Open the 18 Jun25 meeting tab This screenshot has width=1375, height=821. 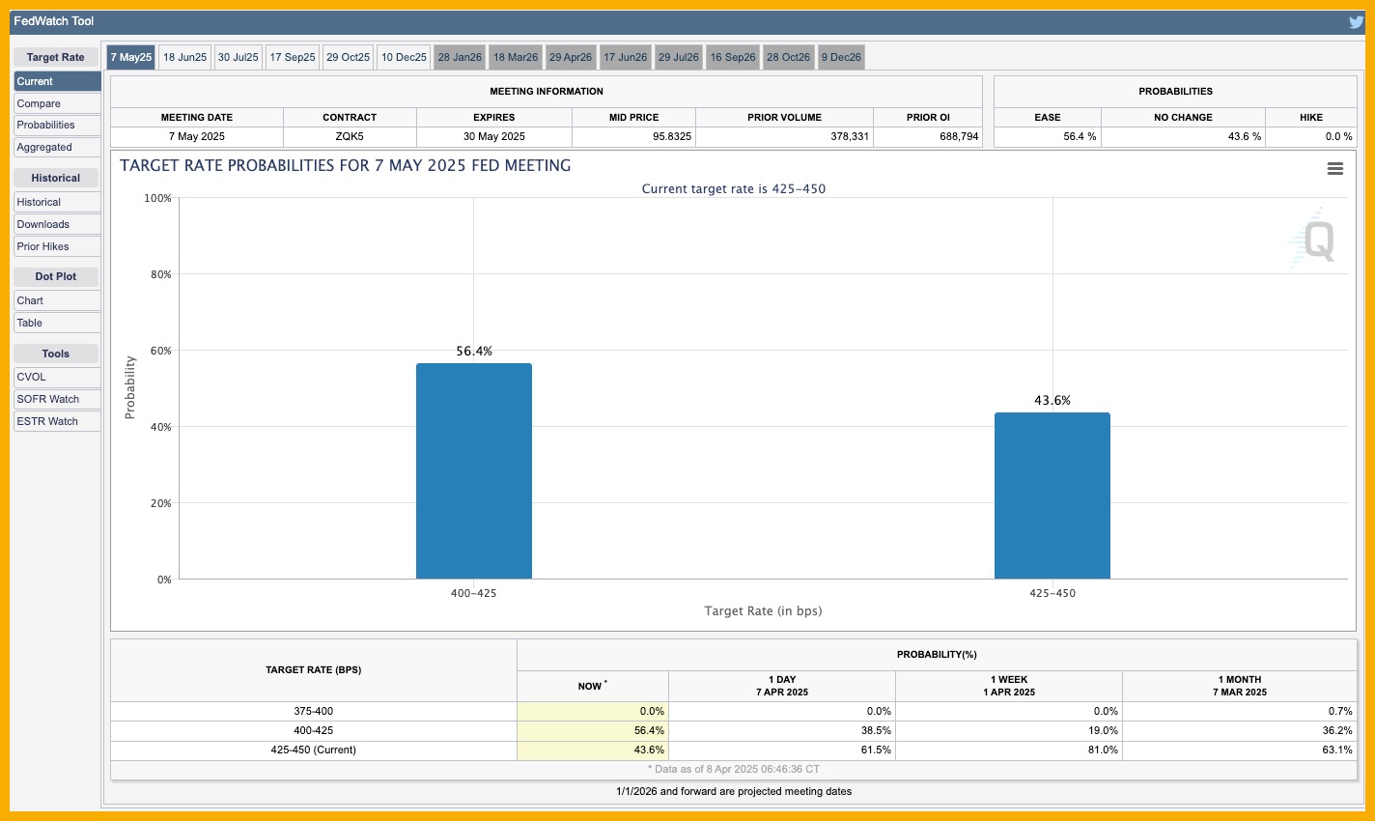pos(184,57)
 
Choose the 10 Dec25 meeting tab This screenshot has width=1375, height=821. pos(404,57)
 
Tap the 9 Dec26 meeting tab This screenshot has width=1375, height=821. pos(841,57)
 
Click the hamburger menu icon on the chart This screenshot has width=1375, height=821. pos(1335,169)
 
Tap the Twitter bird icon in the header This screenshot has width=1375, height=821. pos(1357,21)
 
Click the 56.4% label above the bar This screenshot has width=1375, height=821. pos(474,352)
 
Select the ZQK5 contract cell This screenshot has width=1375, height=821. pos(350,137)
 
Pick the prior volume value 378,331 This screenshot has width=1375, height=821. pos(850,137)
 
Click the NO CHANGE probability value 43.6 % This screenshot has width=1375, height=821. pos(1244,137)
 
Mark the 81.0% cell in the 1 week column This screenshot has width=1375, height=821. pos(1103,750)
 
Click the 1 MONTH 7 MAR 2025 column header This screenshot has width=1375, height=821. pos(1239,686)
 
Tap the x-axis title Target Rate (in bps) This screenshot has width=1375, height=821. pos(763,610)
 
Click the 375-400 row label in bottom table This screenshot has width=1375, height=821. pos(314,711)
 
